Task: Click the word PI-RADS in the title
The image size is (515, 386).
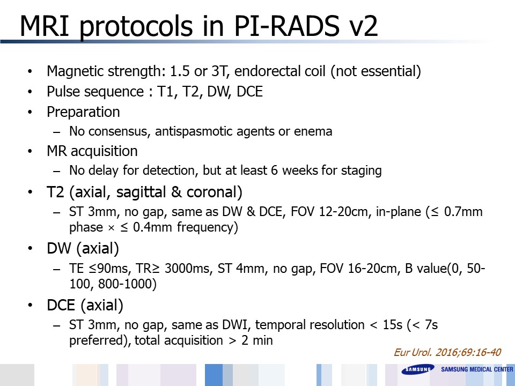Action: coord(286,26)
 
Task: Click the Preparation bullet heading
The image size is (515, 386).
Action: coord(83,112)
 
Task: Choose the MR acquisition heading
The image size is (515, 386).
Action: coord(92,151)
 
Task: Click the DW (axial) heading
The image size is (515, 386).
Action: coord(83,248)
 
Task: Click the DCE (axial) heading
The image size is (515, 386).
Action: coord(85,305)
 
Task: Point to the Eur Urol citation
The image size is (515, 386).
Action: coord(447,353)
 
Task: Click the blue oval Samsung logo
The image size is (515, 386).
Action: coord(418,369)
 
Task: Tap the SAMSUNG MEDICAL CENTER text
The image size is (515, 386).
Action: coord(476,369)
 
